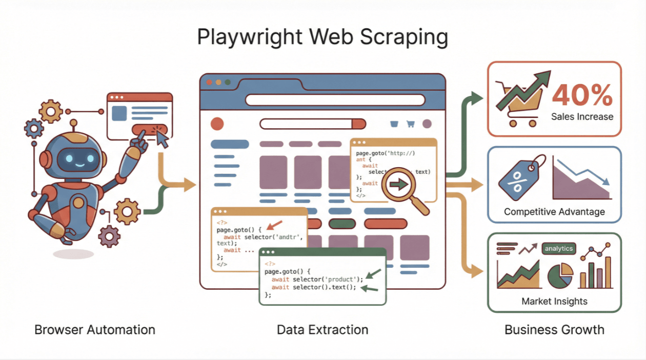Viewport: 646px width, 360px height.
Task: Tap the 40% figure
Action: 582,95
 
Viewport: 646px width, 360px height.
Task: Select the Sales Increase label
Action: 582,116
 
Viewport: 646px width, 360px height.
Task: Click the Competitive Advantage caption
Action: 554,211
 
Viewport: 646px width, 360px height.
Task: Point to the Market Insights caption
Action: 554,301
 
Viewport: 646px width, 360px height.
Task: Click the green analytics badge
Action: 558,249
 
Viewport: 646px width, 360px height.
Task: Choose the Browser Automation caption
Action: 95,329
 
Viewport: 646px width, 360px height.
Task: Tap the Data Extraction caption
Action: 322,329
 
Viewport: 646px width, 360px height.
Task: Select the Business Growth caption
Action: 554,329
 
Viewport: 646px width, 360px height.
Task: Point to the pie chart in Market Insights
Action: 560,275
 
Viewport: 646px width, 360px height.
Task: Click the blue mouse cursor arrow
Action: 163,137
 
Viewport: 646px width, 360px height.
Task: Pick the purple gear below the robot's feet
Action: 109,236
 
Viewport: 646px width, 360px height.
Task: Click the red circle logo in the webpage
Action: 217,124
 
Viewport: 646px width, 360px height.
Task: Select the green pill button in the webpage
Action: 342,224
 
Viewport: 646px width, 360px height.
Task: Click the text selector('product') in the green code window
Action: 328,279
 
